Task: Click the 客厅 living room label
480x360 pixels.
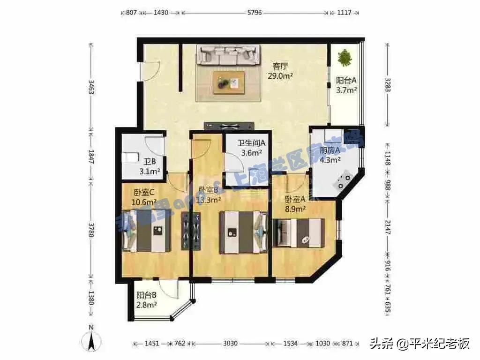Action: click(x=280, y=66)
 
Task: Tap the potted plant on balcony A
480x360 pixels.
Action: click(x=345, y=58)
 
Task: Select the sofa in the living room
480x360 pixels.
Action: click(x=228, y=55)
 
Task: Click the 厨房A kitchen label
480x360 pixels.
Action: click(x=330, y=150)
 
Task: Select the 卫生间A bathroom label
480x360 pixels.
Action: click(x=252, y=143)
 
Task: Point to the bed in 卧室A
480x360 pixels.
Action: click(x=300, y=232)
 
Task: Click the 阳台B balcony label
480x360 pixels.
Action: click(x=146, y=295)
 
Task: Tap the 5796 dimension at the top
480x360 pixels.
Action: click(x=254, y=13)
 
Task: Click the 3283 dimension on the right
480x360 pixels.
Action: click(x=388, y=84)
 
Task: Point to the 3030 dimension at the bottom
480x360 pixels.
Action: click(x=230, y=344)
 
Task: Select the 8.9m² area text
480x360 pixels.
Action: click(x=296, y=209)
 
